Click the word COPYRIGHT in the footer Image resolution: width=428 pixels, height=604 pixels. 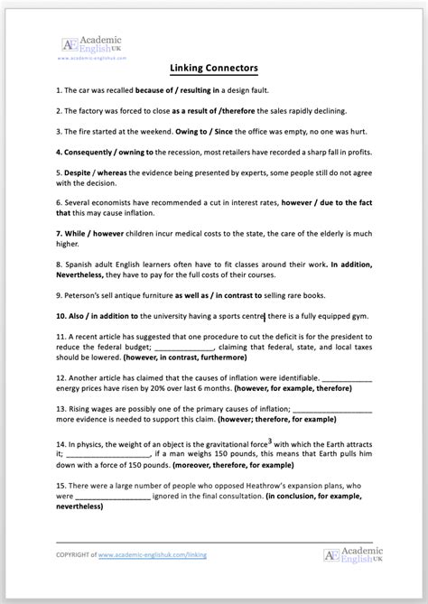pos(75,555)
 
